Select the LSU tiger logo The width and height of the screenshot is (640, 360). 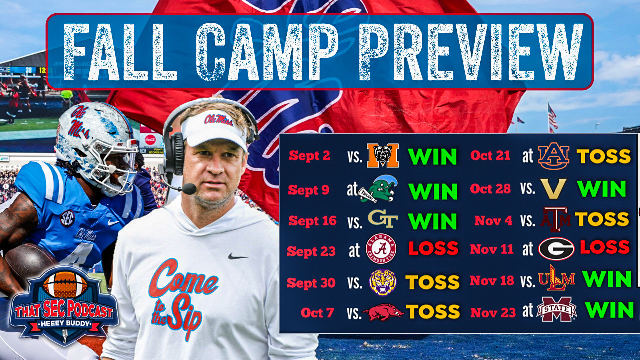(x=382, y=282)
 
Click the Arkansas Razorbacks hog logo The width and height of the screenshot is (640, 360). (x=383, y=312)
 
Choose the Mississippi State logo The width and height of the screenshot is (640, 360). (x=556, y=309)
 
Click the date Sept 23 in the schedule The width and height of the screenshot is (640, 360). (x=311, y=251)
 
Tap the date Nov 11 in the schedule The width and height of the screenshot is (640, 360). (x=492, y=249)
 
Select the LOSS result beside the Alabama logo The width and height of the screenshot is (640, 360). (x=433, y=249)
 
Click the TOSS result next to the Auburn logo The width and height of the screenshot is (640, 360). (x=604, y=156)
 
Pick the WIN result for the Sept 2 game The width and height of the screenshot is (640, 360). (x=433, y=156)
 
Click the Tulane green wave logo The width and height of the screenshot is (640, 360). (x=378, y=189)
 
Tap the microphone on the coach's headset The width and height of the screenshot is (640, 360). (x=189, y=189)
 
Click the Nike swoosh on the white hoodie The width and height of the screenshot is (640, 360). (x=238, y=256)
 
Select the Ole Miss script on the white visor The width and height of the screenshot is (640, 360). (x=217, y=120)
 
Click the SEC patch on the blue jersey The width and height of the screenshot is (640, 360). (x=67, y=218)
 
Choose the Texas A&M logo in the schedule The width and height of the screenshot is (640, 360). (x=555, y=219)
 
